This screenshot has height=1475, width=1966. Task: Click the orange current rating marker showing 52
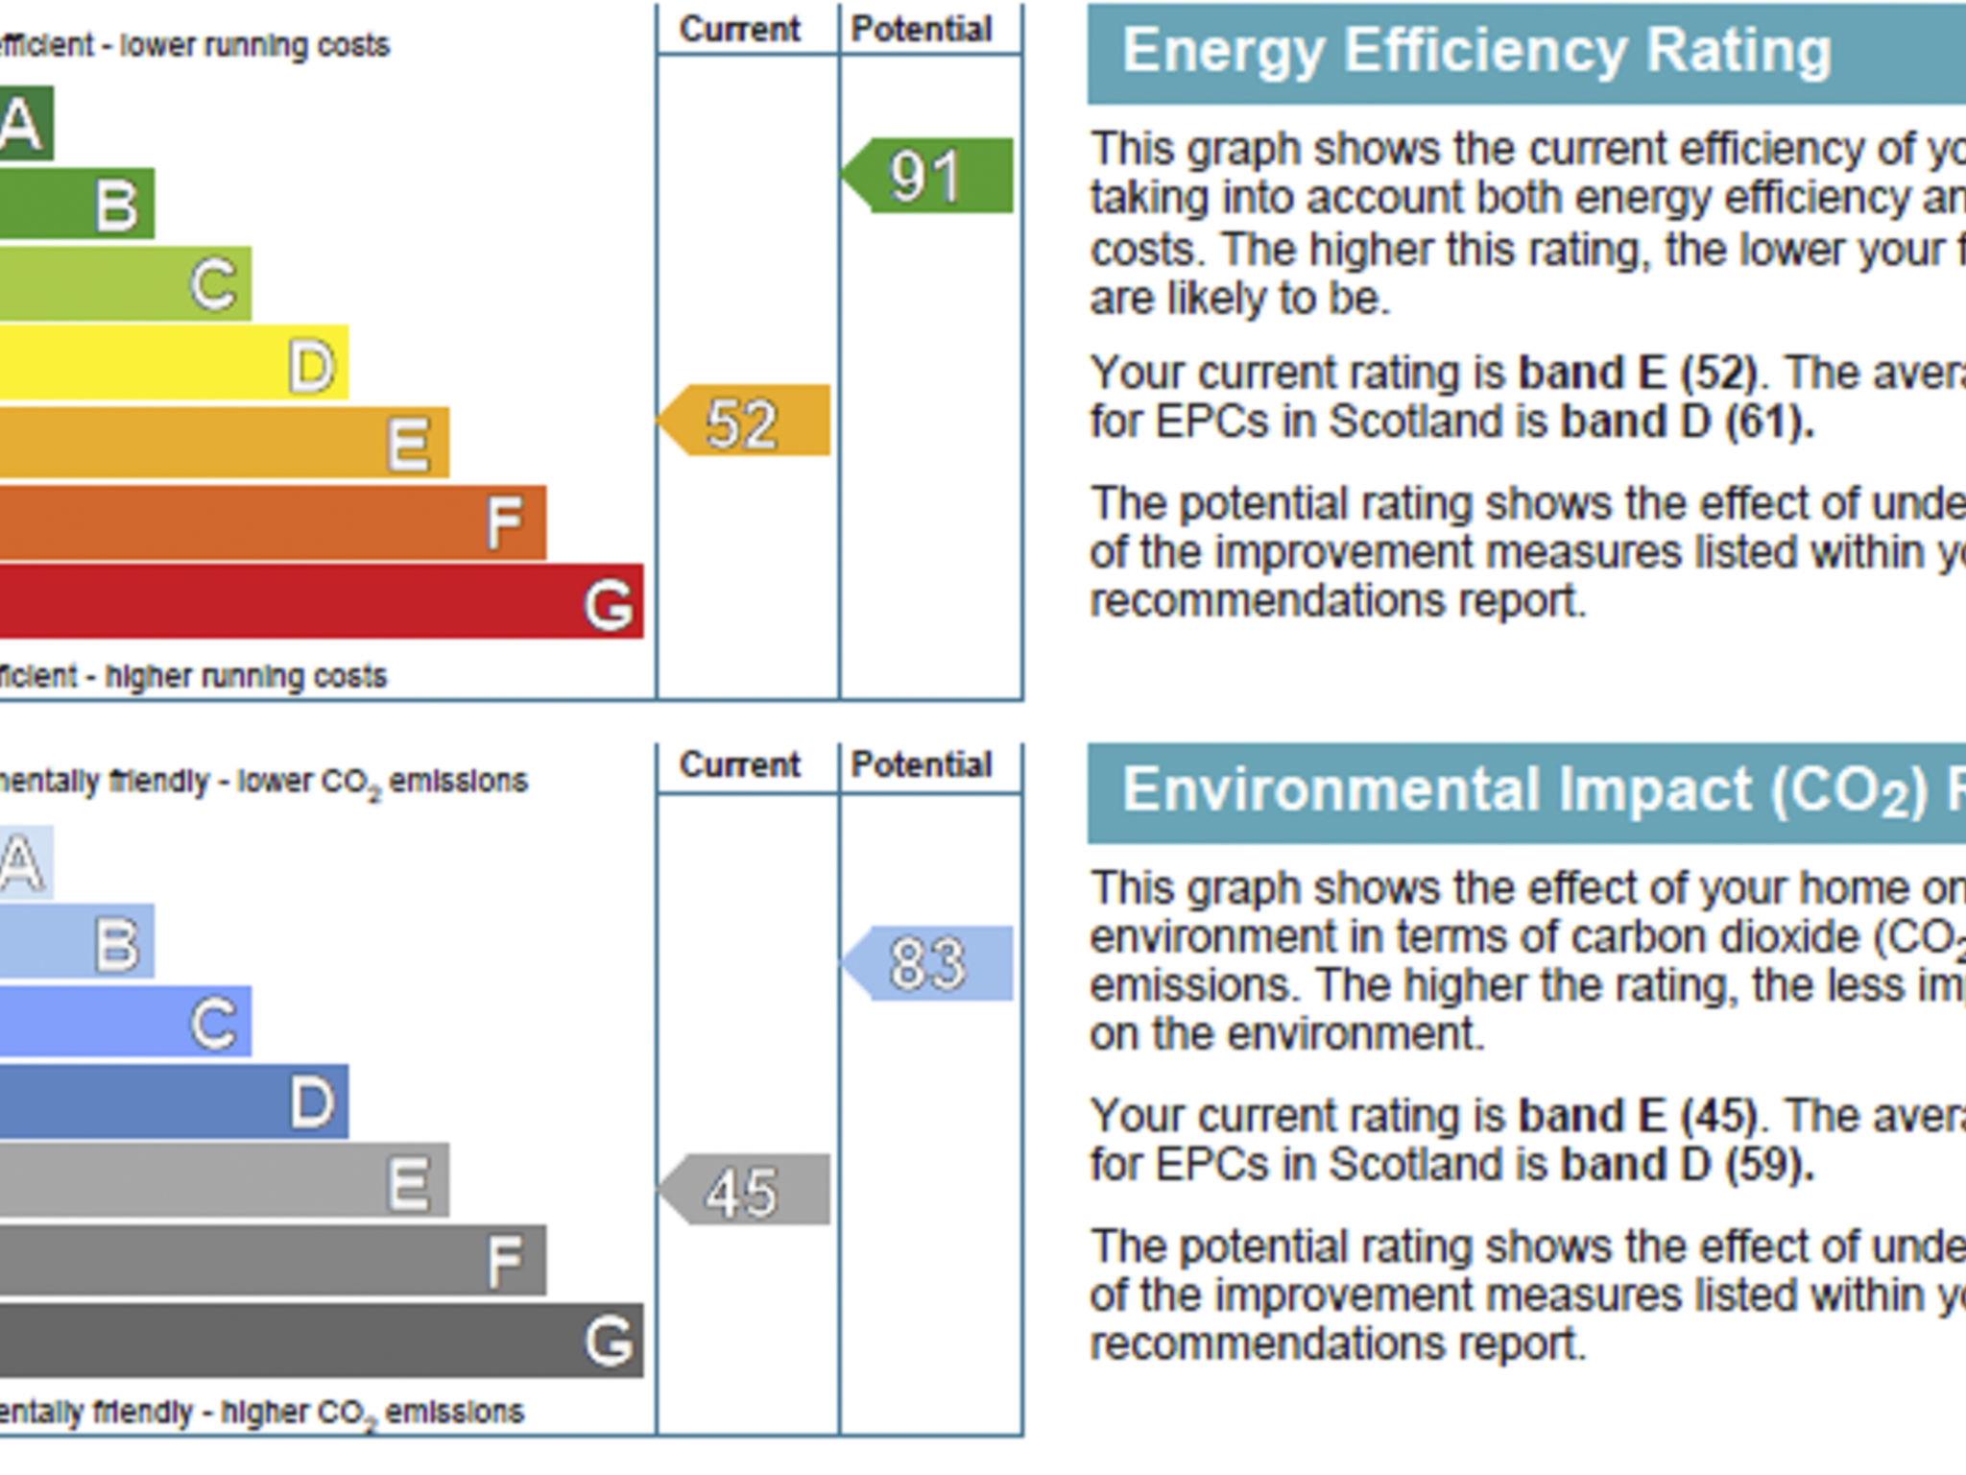(x=745, y=421)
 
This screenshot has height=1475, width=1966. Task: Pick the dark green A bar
(x=25, y=123)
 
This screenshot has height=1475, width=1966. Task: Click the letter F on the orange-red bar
(x=505, y=523)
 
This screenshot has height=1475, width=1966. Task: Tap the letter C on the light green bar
(x=213, y=284)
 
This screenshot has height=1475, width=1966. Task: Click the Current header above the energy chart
(x=739, y=30)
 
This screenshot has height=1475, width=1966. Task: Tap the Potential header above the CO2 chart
(x=922, y=765)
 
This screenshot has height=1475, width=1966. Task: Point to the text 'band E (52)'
(x=1638, y=373)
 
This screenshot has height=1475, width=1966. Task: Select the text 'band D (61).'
(x=1688, y=422)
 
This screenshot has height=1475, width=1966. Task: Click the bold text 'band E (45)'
(x=1638, y=1116)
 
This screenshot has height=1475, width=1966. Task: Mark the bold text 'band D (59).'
(x=1688, y=1165)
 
